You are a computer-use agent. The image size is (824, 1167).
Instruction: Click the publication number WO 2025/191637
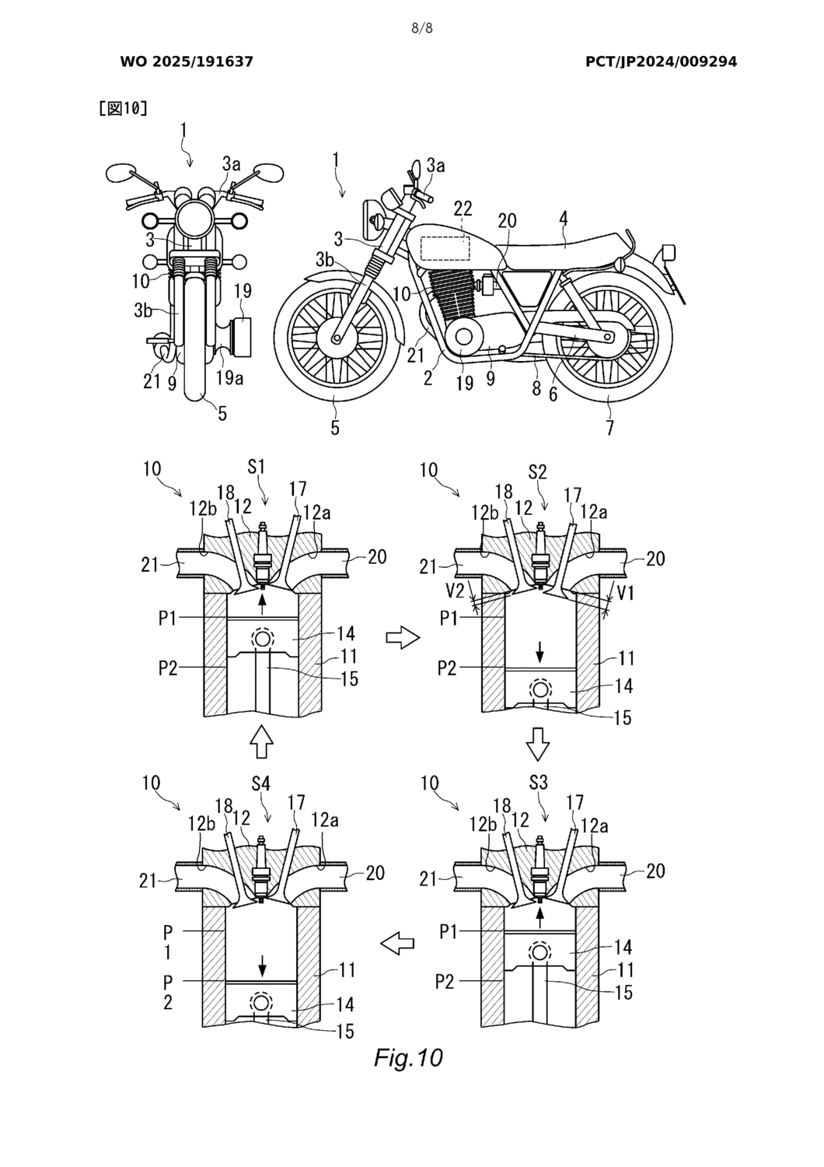[187, 62]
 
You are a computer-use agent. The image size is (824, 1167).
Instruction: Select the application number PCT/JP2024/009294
[661, 62]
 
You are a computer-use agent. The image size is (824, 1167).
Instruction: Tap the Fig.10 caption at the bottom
[408, 1057]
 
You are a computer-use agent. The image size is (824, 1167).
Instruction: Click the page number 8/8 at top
[422, 29]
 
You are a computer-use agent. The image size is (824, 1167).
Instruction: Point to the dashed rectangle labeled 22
[445, 248]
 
